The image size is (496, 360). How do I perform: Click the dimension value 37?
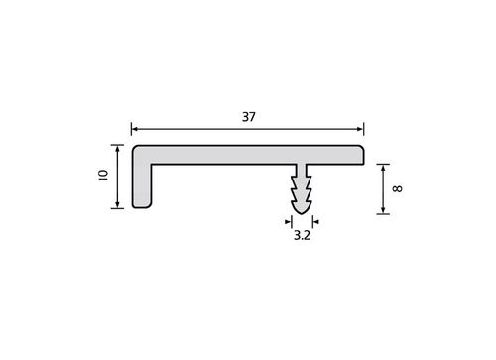point(248,117)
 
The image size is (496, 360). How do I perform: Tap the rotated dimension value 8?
point(397,188)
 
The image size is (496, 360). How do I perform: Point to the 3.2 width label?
point(303,237)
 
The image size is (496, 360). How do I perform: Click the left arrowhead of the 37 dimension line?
point(135,127)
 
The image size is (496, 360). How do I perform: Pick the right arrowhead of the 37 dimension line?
point(360,127)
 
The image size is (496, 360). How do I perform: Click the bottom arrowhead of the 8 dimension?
point(383,209)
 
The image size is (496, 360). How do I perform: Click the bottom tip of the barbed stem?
point(303,211)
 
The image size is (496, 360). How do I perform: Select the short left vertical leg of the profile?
point(141,188)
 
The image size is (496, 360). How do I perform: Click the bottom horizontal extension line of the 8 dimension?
point(383,213)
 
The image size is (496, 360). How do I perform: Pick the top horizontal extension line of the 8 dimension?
point(383,163)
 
